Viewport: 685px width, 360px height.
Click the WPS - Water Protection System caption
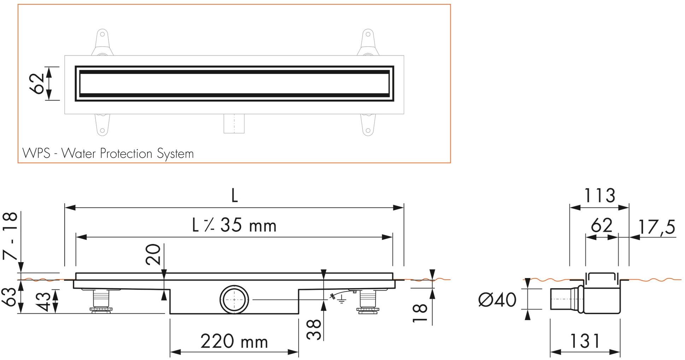pos(108,154)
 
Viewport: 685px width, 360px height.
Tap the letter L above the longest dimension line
pos(234,196)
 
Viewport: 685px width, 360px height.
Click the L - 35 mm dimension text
pos(234,225)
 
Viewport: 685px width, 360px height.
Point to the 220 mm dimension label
pos(234,342)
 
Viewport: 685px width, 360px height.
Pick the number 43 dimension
pos(45,301)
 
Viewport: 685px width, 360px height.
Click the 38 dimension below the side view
pos(314,330)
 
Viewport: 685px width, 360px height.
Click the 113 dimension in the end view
pos(599,195)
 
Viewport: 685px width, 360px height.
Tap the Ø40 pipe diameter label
pos(497,300)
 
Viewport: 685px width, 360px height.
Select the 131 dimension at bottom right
pos(585,341)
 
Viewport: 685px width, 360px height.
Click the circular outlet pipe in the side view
pos(234,299)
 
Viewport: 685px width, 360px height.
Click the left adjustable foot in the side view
pos(101,300)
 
